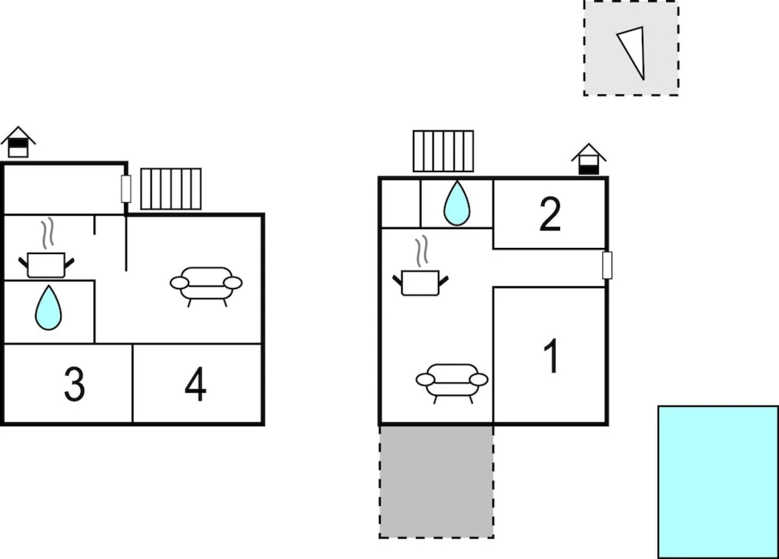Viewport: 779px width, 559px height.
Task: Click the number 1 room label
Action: point(551,356)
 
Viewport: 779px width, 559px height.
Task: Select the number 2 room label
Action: point(550,214)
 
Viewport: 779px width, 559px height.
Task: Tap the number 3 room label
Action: point(74,384)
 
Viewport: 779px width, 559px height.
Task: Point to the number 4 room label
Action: point(196,384)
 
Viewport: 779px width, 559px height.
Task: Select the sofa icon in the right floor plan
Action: point(452,384)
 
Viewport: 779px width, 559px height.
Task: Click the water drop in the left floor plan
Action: point(48,307)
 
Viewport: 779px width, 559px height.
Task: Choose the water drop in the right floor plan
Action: point(457,203)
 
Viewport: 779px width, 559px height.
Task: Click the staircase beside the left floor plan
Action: point(171,189)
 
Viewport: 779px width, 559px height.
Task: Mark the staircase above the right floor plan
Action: point(443,151)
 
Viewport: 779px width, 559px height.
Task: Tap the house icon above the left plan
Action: point(18,142)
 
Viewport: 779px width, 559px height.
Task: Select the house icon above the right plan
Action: point(589,159)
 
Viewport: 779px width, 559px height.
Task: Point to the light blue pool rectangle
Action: point(718,482)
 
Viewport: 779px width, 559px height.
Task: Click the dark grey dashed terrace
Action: point(437,482)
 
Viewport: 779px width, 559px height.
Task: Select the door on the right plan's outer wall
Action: point(607,266)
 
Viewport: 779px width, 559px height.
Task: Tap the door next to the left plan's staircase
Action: point(126,189)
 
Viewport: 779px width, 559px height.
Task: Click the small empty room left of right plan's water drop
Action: point(401,203)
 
